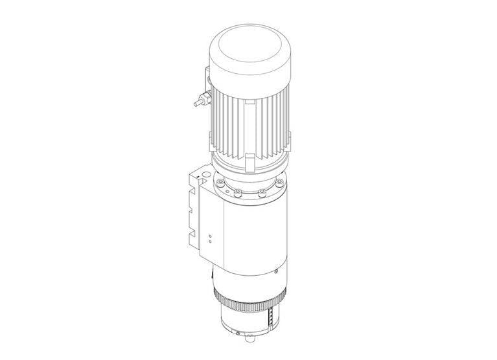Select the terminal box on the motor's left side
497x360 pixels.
point(207,85)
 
